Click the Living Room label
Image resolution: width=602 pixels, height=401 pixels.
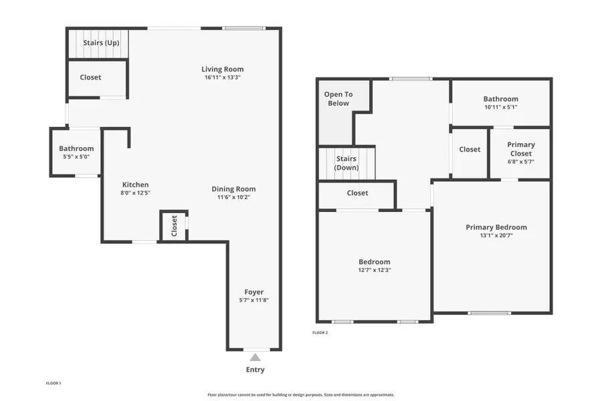(x=223, y=69)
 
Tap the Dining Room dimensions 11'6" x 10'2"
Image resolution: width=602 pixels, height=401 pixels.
(x=233, y=197)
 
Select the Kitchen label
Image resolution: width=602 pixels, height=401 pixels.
(x=135, y=184)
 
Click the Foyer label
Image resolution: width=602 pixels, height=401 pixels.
(x=254, y=292)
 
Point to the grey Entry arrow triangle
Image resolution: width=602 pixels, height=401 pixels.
(x=255, y=357)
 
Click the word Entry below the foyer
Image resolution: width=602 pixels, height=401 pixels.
(x=255, y=370)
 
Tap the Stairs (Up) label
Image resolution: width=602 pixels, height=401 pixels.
(x=102, y=43)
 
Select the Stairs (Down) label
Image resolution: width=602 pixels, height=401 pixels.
(x=346, y=163)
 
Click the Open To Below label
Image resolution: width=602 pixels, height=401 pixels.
(x=338, y=99)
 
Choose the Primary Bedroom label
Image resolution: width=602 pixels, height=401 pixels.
(x=496, y=227)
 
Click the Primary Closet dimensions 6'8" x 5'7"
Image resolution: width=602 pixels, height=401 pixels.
(x=520, y=162)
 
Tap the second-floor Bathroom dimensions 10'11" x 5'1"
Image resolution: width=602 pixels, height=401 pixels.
(x=500, y=107)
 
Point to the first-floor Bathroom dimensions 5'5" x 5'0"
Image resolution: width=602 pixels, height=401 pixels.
(x=76, y=157)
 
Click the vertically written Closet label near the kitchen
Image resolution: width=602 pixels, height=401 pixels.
(x=175, y=226)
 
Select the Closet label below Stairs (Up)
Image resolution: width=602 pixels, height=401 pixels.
(x=90, y=78)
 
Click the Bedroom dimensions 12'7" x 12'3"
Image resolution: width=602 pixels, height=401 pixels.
(x=374, y=270)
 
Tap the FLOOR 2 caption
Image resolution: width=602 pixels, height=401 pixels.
(x=320, y=332)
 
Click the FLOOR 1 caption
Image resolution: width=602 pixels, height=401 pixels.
(x=53, y=383)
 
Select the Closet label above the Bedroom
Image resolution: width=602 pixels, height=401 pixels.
(x=357, y=193)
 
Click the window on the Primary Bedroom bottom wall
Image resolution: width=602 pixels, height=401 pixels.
(x=489, y=313)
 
